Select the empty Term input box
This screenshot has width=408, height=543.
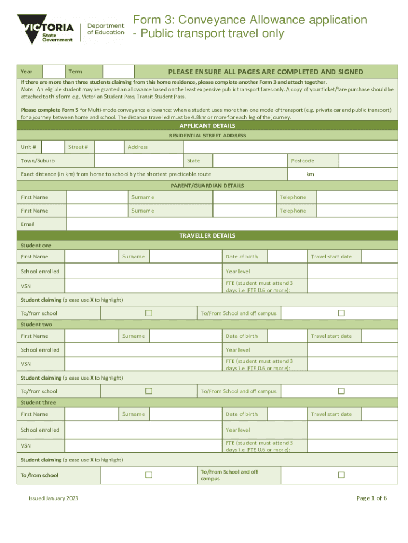(x=118, y=72)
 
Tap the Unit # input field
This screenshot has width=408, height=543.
(x=53, y=147)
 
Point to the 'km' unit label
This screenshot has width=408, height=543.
(x=310, y=174)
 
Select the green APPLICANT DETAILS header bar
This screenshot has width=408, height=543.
(x=207, y=126)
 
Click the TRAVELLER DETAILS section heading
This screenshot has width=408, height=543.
(x=207, y=235)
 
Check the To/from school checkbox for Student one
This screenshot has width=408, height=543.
(x=149, y=313)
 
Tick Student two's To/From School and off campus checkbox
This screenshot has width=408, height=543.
(x=341, y=391)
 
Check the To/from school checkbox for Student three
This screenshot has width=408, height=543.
(x=149, y=475)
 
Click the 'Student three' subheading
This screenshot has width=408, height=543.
(x=38, y=402)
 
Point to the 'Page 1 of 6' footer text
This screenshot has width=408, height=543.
(x=371, y=498)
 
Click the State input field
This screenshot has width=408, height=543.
(x=250, y=160)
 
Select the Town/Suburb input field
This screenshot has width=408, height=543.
(x=139, y=160)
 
